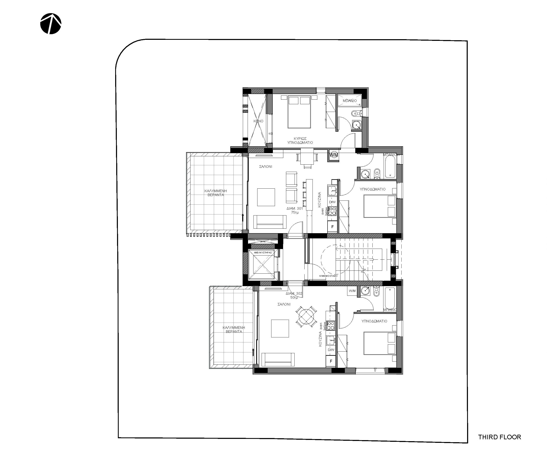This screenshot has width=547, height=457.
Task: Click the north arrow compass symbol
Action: tap(51, 24)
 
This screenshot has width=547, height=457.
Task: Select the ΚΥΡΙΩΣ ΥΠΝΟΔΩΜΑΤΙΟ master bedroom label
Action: tap(300, 140)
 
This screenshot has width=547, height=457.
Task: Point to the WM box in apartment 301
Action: tap(334, 155)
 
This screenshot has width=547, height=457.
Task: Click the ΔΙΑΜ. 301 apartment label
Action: tap(295, 210)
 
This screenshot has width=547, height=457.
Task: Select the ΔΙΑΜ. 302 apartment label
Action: tap(294, 295)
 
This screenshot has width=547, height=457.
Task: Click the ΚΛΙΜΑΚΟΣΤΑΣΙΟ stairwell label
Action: tap(328, 276)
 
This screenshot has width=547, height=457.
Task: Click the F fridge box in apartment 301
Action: tap(332, 227)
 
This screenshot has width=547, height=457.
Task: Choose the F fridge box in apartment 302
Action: tap(331, 361)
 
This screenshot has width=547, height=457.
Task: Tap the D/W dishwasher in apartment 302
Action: tap(331, 350)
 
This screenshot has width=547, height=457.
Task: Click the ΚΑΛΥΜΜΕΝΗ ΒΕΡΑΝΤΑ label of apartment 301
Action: tap(216, 193)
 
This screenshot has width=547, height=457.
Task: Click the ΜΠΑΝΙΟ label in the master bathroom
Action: tap(350, 101)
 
